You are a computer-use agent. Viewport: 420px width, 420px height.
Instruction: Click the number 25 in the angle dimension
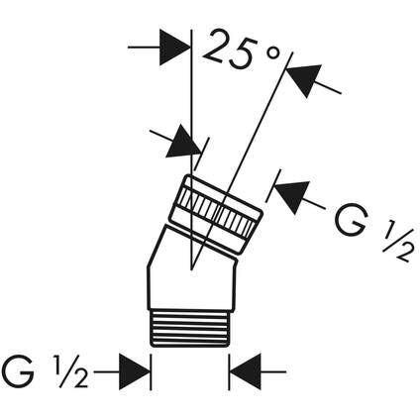click(x=231, y=51)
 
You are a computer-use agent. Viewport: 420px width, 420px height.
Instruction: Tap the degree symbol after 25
click(x=273, y=53)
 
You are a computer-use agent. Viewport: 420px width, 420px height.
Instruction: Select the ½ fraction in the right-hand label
click(x=397, y=241)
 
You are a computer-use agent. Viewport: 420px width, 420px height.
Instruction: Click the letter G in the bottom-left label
click(x=19, y=371)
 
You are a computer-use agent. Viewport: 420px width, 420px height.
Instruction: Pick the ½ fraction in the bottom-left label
click(x=72, y=372)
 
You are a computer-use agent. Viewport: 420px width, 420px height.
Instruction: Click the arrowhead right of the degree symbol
click(x=304, y=79)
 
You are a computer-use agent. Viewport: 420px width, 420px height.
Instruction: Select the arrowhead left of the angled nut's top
click(x=184, y=143)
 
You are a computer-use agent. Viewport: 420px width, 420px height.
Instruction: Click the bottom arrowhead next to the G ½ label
click(x=135, y=371)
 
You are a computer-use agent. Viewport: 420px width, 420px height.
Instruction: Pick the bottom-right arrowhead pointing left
click(x=246, y=371)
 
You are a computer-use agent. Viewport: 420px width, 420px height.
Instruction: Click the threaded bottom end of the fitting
click(x=190, y=329)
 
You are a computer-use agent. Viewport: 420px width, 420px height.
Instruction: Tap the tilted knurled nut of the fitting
click(x=216, y=215)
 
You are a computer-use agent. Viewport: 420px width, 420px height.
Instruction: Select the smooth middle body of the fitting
click(x=191, y=275)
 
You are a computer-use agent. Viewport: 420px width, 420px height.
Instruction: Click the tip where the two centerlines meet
click(x=191, y=269)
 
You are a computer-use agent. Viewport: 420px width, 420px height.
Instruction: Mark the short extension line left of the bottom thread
click(x=151, y=372)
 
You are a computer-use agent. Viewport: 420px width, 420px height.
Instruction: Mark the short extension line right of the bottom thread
click(x=230, y=372)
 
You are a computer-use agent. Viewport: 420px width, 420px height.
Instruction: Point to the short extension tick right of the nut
click(x=273, y=185)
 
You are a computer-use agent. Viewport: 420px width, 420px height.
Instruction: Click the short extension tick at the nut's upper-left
click(x=202, y=154)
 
